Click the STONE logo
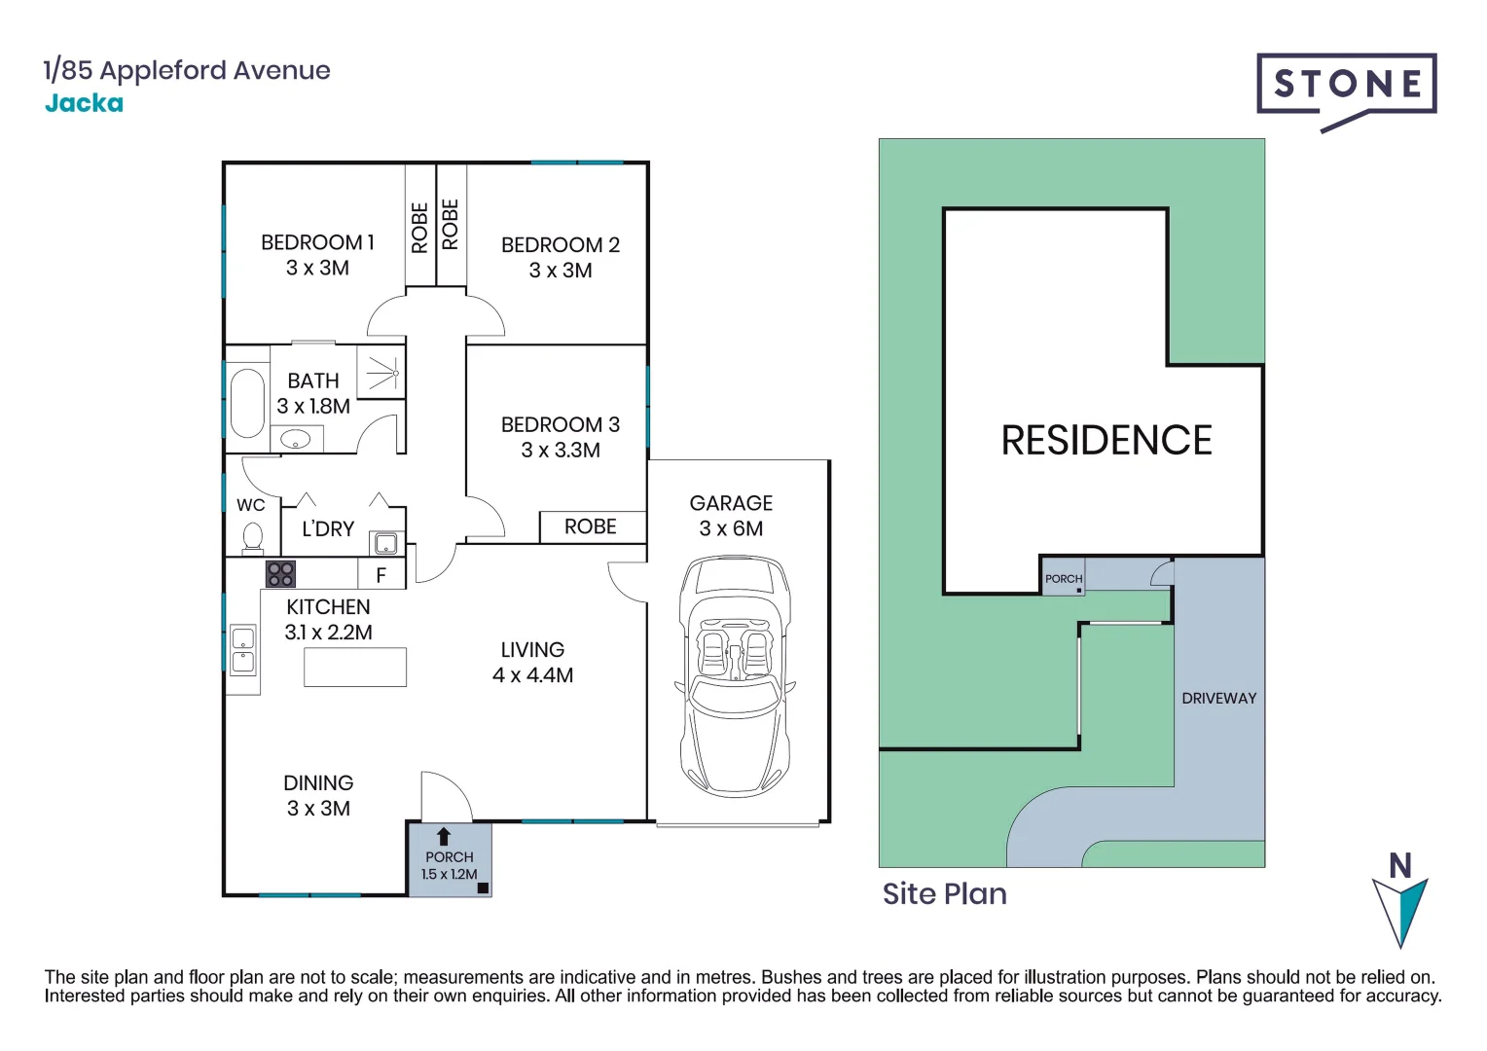click(x=1346, y=86)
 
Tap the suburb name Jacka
click(x=84, y=103)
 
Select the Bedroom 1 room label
click(x=317, y=242)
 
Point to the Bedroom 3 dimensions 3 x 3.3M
click(x=560, y=451)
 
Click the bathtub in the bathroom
click(x=247, y=403)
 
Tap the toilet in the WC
click(x=253, y=536)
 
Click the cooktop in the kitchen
click(x=280, y=574)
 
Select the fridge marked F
click(x=381, y=575)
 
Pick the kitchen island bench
click(x=355, y=668)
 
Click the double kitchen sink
click(x=242, y=650)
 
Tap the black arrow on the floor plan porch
click(x=444, y=836)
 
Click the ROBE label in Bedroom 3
click(x=591, y=526)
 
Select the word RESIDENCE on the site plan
click(x=1106, y=441)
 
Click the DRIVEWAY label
click(x=1218, y=698)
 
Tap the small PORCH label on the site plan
click(x=1063, y=578)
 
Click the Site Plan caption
click(x=944, y=893)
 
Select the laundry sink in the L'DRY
click(x=385, y=543)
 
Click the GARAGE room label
click(x=731, y=503)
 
